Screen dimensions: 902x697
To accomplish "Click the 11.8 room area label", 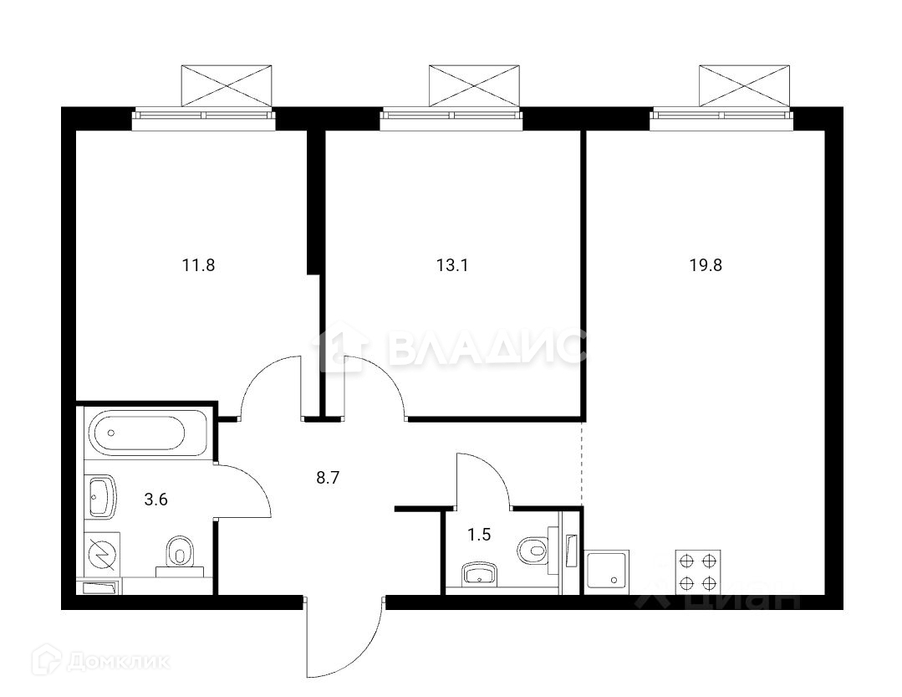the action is (x=198, y=265).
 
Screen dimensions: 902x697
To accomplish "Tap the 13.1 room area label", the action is (x=452, y=265).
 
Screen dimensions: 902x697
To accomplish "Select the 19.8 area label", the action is (x=706, y=265).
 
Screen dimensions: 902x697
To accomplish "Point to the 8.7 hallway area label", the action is (x=328, y=477).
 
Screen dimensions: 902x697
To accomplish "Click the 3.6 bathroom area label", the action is (x=155, y=499).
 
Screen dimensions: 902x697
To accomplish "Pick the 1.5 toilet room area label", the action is (x=479, y=536).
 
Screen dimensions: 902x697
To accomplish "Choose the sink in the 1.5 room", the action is (x=480, y=574).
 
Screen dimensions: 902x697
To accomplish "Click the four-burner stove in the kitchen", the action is (x=698, y=571).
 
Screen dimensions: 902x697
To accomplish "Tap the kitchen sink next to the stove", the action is (x=607, y=571).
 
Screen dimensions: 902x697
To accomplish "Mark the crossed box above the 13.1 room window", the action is (x=474, y=85).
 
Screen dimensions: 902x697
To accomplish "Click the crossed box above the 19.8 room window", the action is (x=744, y=85).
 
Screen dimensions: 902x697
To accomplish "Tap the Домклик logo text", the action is (x=119, y=662).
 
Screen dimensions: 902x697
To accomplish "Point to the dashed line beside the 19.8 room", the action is (x=582, y=464).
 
